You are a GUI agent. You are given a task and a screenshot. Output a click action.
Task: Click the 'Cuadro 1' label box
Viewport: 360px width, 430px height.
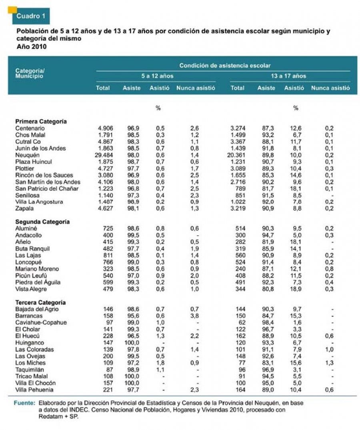(x=29, y=16)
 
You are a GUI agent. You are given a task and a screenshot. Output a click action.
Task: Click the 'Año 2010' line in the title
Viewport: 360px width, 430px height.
(x=32, y=46)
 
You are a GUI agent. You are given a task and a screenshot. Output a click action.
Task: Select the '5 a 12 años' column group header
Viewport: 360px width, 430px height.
(x=157, y=76)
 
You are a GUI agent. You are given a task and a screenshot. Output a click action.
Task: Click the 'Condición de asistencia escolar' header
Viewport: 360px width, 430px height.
(x=225, y=65)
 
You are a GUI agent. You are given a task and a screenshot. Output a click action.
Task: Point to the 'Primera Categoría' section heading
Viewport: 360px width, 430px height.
(x=41, y=121)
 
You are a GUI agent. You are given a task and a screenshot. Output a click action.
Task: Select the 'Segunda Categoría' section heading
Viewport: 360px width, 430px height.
(x=42, y=222)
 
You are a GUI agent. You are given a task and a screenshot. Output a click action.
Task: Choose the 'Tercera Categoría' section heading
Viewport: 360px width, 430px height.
(x=40, y=302)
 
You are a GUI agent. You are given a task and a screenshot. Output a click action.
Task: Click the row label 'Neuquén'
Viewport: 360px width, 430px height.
(x=26, y=155)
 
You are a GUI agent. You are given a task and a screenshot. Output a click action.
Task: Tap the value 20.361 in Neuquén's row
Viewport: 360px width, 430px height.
(x=240, y=155)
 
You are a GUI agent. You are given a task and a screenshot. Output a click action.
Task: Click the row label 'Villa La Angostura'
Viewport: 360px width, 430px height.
(x=39, y=202)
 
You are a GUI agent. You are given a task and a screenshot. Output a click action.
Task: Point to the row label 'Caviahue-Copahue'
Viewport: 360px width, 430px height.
(x=41, y=323)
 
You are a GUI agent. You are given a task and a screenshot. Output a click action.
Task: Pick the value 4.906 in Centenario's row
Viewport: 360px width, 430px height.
(x=106, y=128)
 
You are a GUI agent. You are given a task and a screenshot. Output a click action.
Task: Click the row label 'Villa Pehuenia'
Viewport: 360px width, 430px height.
(x=34, y=390)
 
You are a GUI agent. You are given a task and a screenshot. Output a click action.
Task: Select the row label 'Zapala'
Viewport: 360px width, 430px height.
(x=24, y=209)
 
